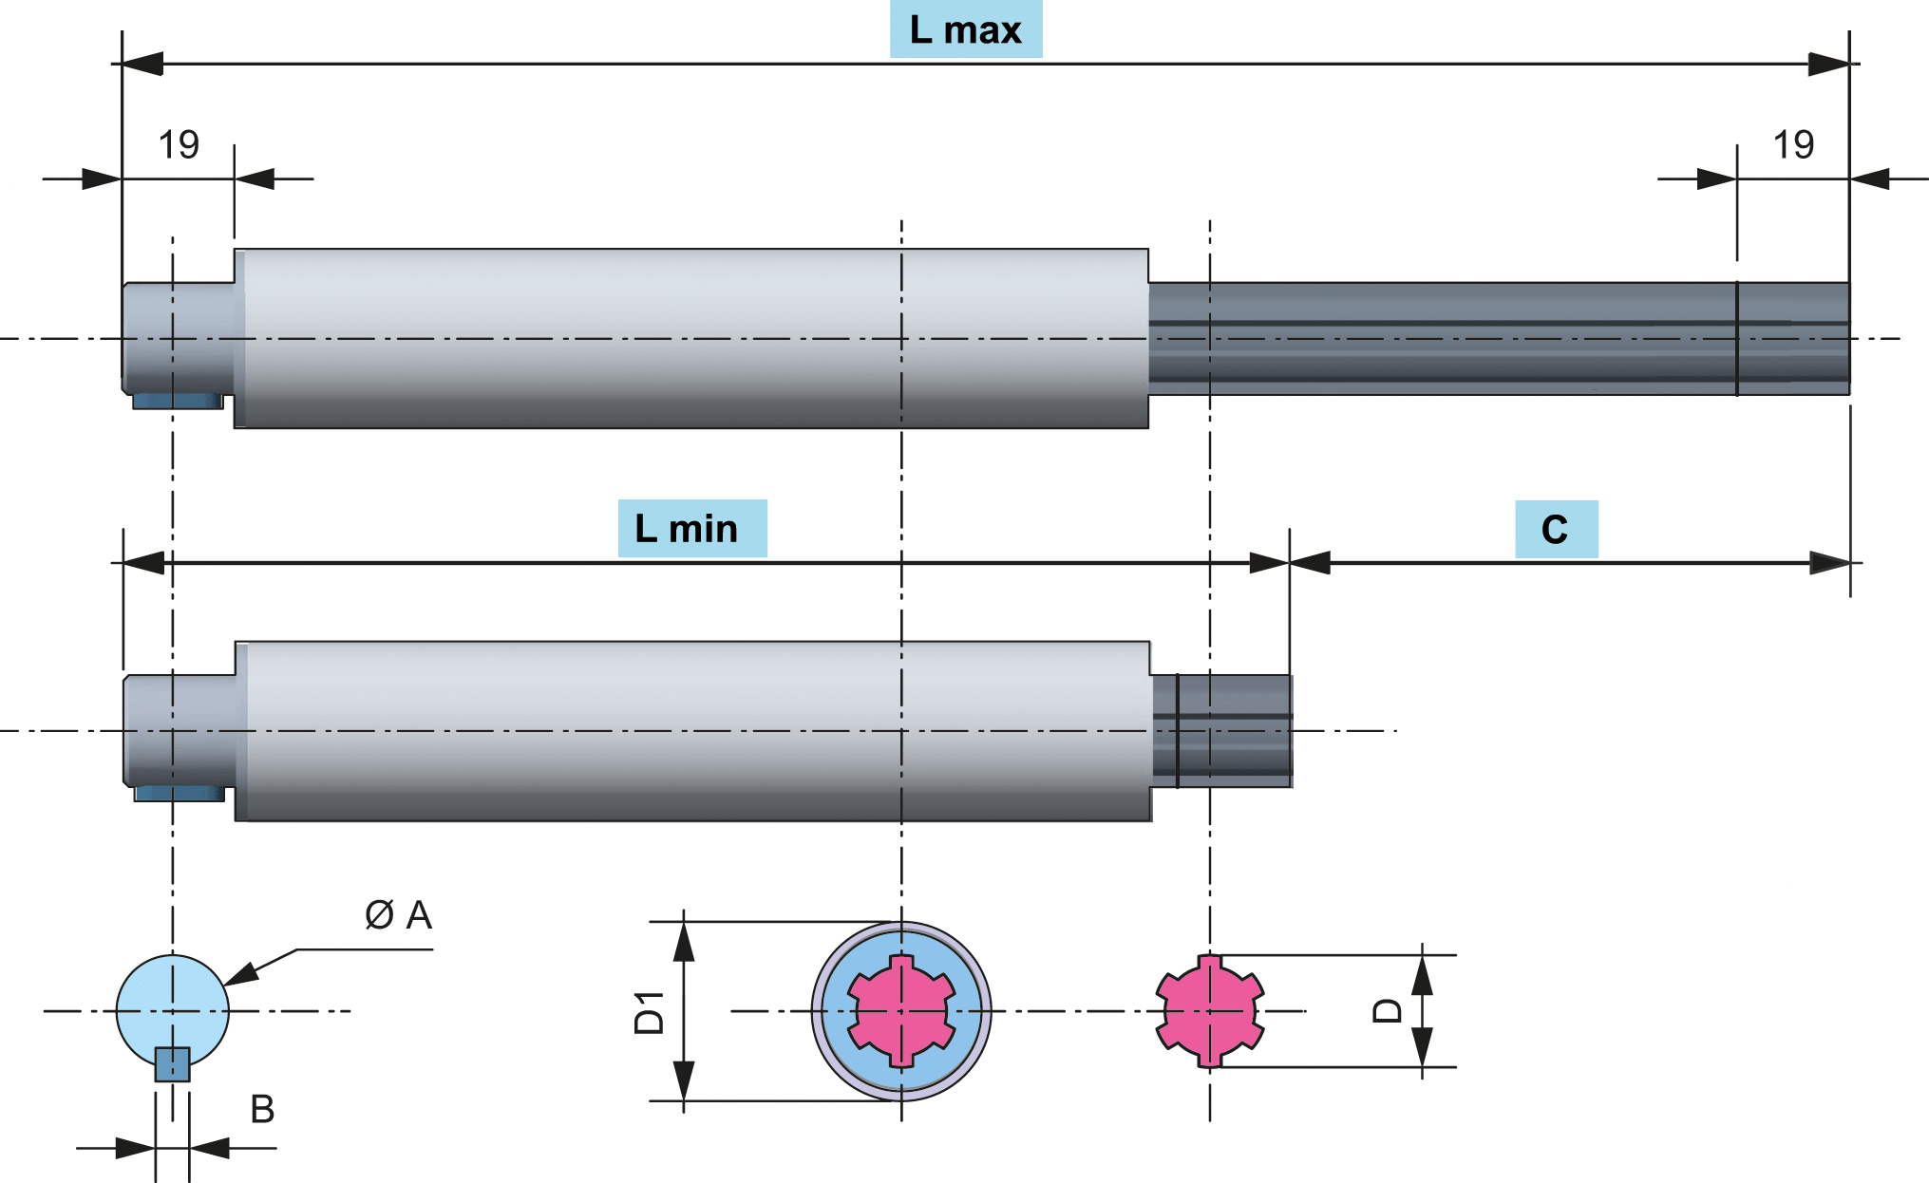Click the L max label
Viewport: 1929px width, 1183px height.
[x=965, y=30]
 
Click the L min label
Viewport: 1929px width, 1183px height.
[x=691, y=529]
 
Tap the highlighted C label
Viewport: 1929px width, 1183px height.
[x=1556, y=530]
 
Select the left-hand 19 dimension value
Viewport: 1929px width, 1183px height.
[x=179, y=145]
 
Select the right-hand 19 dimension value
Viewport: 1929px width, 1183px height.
[x=1793, y=145]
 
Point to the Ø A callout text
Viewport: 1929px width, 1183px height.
[x=398, y=915]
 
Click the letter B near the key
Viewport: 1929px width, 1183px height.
[x=262, y=1109]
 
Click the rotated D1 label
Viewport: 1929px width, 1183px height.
[x=650, y=1012]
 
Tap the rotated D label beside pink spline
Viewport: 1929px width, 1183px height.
[x=1388, y=1010]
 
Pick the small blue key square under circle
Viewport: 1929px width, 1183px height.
[x=173, y=1065]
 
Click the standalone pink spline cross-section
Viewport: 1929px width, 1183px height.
[x=1209, y=1011]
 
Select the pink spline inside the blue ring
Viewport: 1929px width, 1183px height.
[x=900, y=1011]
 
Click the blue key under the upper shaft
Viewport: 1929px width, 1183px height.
[x=178, y=402]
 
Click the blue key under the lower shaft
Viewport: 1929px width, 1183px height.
[x=180, y=794]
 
